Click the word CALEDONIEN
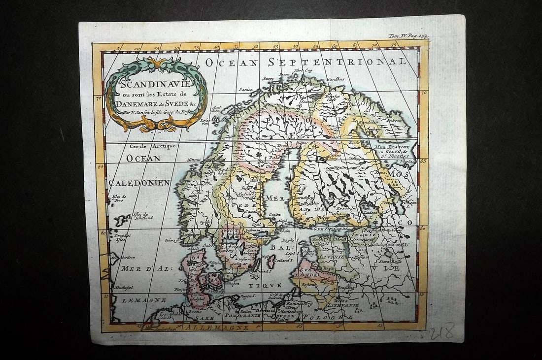pyautogui.click(x=139, y=183)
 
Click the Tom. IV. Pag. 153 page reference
pyautogui.click(x=408, y=36)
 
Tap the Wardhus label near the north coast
pyautogui.click(x=338, y=79)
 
